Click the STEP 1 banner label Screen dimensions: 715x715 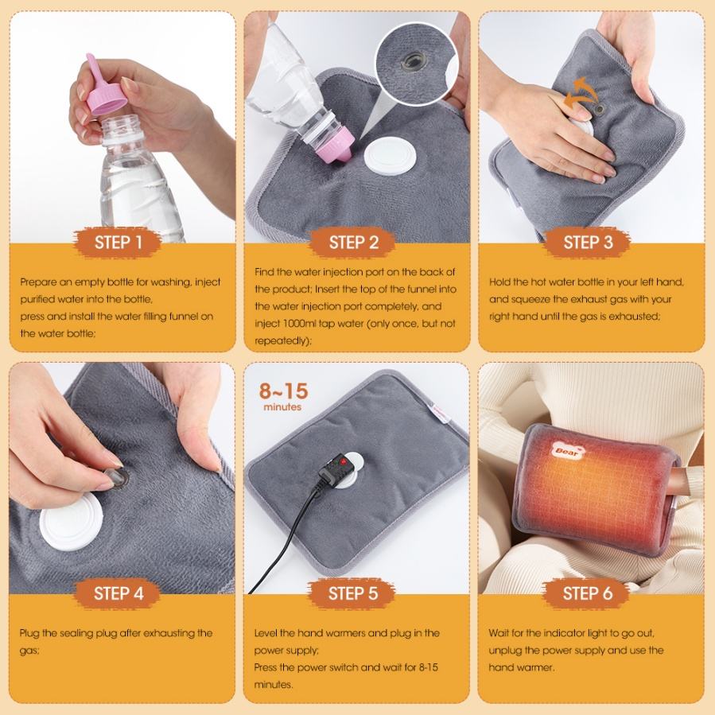(x=118, y=242)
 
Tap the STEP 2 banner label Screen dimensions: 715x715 (x=353, y=242)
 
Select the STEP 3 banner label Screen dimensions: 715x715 (x=588, y=242)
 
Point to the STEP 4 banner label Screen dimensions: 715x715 (x=118, y=593)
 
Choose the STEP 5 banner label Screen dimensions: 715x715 (x=352, y=593)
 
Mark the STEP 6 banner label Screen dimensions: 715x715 (x=587, y=593)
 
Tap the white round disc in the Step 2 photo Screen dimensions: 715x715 (x=391, y=156)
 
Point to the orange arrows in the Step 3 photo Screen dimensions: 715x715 (x=580, y=93)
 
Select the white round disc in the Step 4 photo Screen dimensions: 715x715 (x=72, y=521)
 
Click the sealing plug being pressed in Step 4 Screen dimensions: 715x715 (x=117, y=477)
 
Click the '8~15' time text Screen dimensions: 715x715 (x=284, y=391)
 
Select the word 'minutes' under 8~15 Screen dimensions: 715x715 (x=282, y=406)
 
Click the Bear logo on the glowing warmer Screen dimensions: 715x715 (x=568, y=450)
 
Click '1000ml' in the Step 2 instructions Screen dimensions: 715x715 (x=299, y=323)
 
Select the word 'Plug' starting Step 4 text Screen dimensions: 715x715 (x=29, y=633)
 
